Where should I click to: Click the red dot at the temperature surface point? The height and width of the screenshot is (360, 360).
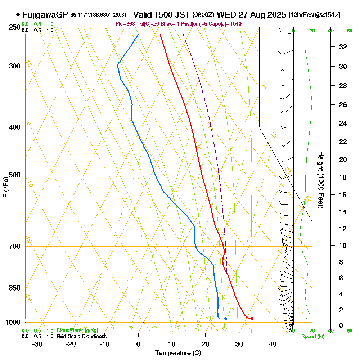point(252,318)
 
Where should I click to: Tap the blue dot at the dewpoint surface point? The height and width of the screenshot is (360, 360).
point(226,318)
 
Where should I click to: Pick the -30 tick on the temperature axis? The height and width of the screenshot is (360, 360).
point(37,344)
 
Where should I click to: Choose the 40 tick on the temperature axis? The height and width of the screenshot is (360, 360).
point(273,344)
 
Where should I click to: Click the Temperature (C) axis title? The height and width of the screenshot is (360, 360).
point(178,353)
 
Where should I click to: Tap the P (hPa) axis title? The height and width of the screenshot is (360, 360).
point(5,187)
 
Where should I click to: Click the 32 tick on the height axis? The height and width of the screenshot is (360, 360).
point(343,47)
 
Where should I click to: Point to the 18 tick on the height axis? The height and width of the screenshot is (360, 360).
point(343,177)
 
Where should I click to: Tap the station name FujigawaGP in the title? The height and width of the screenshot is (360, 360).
point(45,15)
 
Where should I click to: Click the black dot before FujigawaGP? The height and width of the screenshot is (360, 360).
point(18,15)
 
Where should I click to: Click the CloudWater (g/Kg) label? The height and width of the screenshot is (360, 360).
point(77,330)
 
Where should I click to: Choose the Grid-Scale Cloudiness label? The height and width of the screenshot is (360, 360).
point(81,336)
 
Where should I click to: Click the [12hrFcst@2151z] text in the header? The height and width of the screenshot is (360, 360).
point(314,15)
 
